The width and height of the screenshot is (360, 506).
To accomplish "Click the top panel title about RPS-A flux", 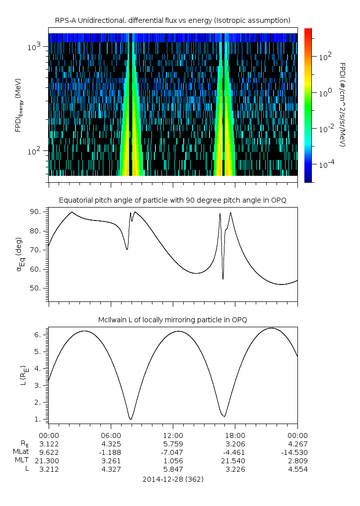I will [x=172, y=20].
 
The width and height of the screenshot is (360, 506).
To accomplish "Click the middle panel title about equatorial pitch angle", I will [x=172, y=200].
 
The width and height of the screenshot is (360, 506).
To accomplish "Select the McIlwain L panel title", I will [x=172, y=319].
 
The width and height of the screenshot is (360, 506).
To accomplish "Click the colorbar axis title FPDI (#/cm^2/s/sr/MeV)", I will [x=342, y=105].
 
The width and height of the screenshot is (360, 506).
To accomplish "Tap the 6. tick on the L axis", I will [x=40, y=335].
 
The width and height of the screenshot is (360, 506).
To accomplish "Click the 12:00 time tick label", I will [x=173, y=434].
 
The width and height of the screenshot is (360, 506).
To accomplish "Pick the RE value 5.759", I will [x=173, y=442].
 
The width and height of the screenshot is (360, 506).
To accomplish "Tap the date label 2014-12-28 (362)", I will [x=173, y=479].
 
